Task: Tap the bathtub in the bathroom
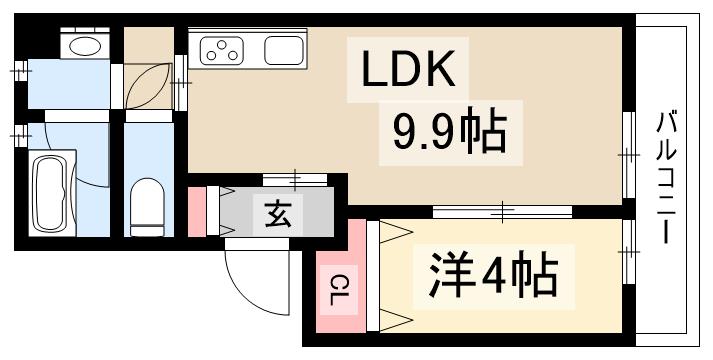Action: [49, 192]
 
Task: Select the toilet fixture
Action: [147, 204]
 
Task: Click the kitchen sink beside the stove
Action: [284, 51]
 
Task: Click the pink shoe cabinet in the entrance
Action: [197, 210]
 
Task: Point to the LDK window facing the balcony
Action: [629, 156]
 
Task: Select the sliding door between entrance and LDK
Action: [295, 179]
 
